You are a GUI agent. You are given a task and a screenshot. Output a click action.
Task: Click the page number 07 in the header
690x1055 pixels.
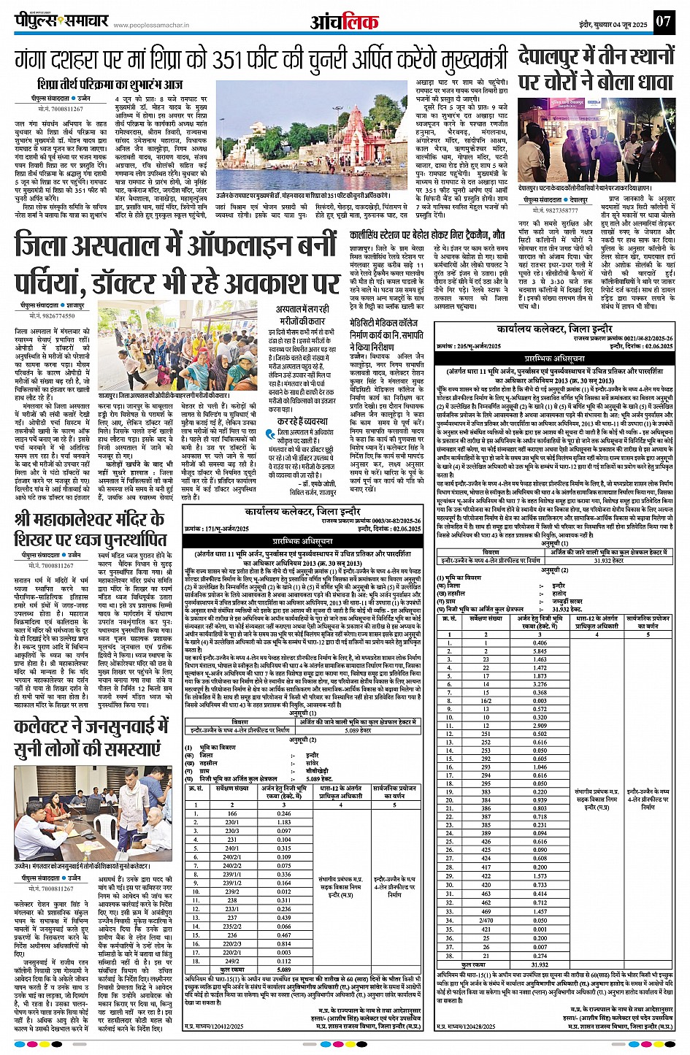662,20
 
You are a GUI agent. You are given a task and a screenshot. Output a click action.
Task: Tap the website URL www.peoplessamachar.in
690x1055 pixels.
152,25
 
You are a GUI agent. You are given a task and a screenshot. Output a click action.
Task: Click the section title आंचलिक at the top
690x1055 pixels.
345,21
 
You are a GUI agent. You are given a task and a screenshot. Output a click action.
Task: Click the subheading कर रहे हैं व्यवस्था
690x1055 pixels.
300,421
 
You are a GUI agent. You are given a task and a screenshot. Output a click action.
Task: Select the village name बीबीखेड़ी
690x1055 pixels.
317,770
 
